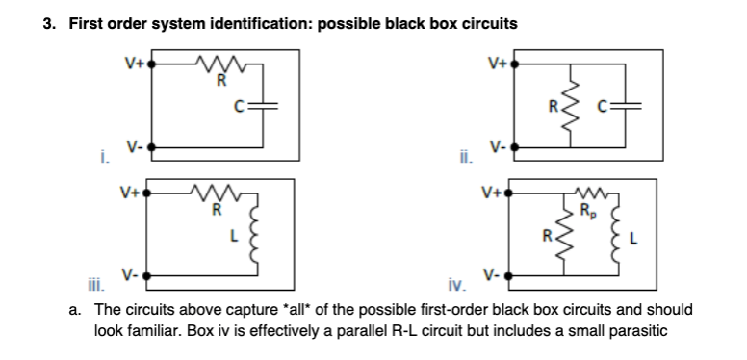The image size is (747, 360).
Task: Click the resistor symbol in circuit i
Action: (221, 67)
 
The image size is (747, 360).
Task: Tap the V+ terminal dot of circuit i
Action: (152, 68)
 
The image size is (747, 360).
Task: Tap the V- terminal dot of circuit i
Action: (152, 150)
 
